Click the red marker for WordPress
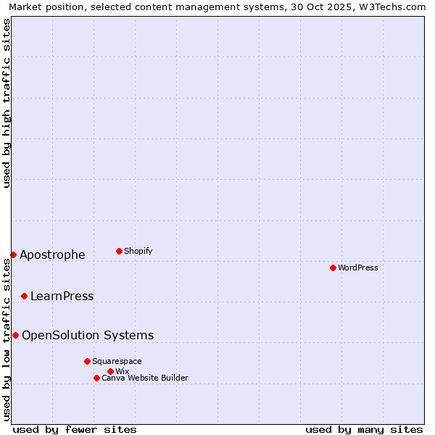pos(333,268)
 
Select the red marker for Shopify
pos(119,251)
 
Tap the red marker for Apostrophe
pos(13,254)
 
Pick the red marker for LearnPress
pos(24,296)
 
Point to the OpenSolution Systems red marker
pos(15,335)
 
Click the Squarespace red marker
pos(87,361)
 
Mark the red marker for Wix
pos(110,371)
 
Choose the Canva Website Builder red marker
pos(96,378)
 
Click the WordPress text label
pos(358,268)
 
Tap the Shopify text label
pos(138,251)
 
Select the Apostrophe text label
pos(52,254)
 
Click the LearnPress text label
pos(62,296)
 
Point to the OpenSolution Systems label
pos(88,335)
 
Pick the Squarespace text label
pos(117,361)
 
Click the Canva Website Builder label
pos(145,378)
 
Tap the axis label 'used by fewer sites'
pos(75,429)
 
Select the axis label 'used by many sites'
pos(364,429)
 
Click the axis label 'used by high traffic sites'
pos(7,103)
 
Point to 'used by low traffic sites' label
pos(7,339)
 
